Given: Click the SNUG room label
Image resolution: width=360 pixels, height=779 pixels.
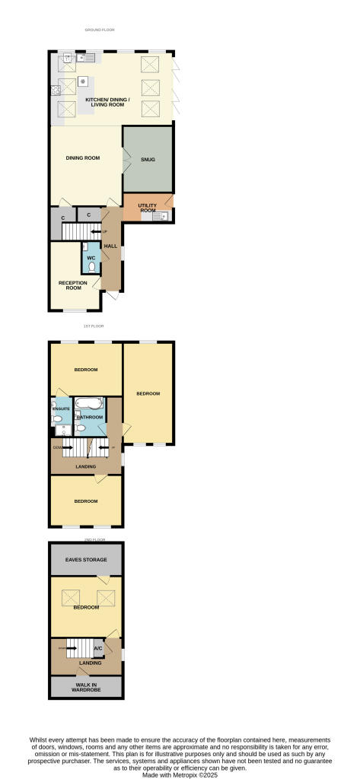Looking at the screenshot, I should (x=148, y=160).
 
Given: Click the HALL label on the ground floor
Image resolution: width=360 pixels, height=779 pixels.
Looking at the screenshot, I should (x=110, y=246).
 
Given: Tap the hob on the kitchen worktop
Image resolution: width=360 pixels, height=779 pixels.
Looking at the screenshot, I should (x=56, y=90).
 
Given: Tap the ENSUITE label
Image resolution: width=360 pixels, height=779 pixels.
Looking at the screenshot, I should (x=60, y=409).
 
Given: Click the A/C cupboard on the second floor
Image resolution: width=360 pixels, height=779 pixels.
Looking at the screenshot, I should (x=97, y=648).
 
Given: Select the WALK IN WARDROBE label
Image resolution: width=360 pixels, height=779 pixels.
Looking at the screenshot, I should (x=86, y=688).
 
